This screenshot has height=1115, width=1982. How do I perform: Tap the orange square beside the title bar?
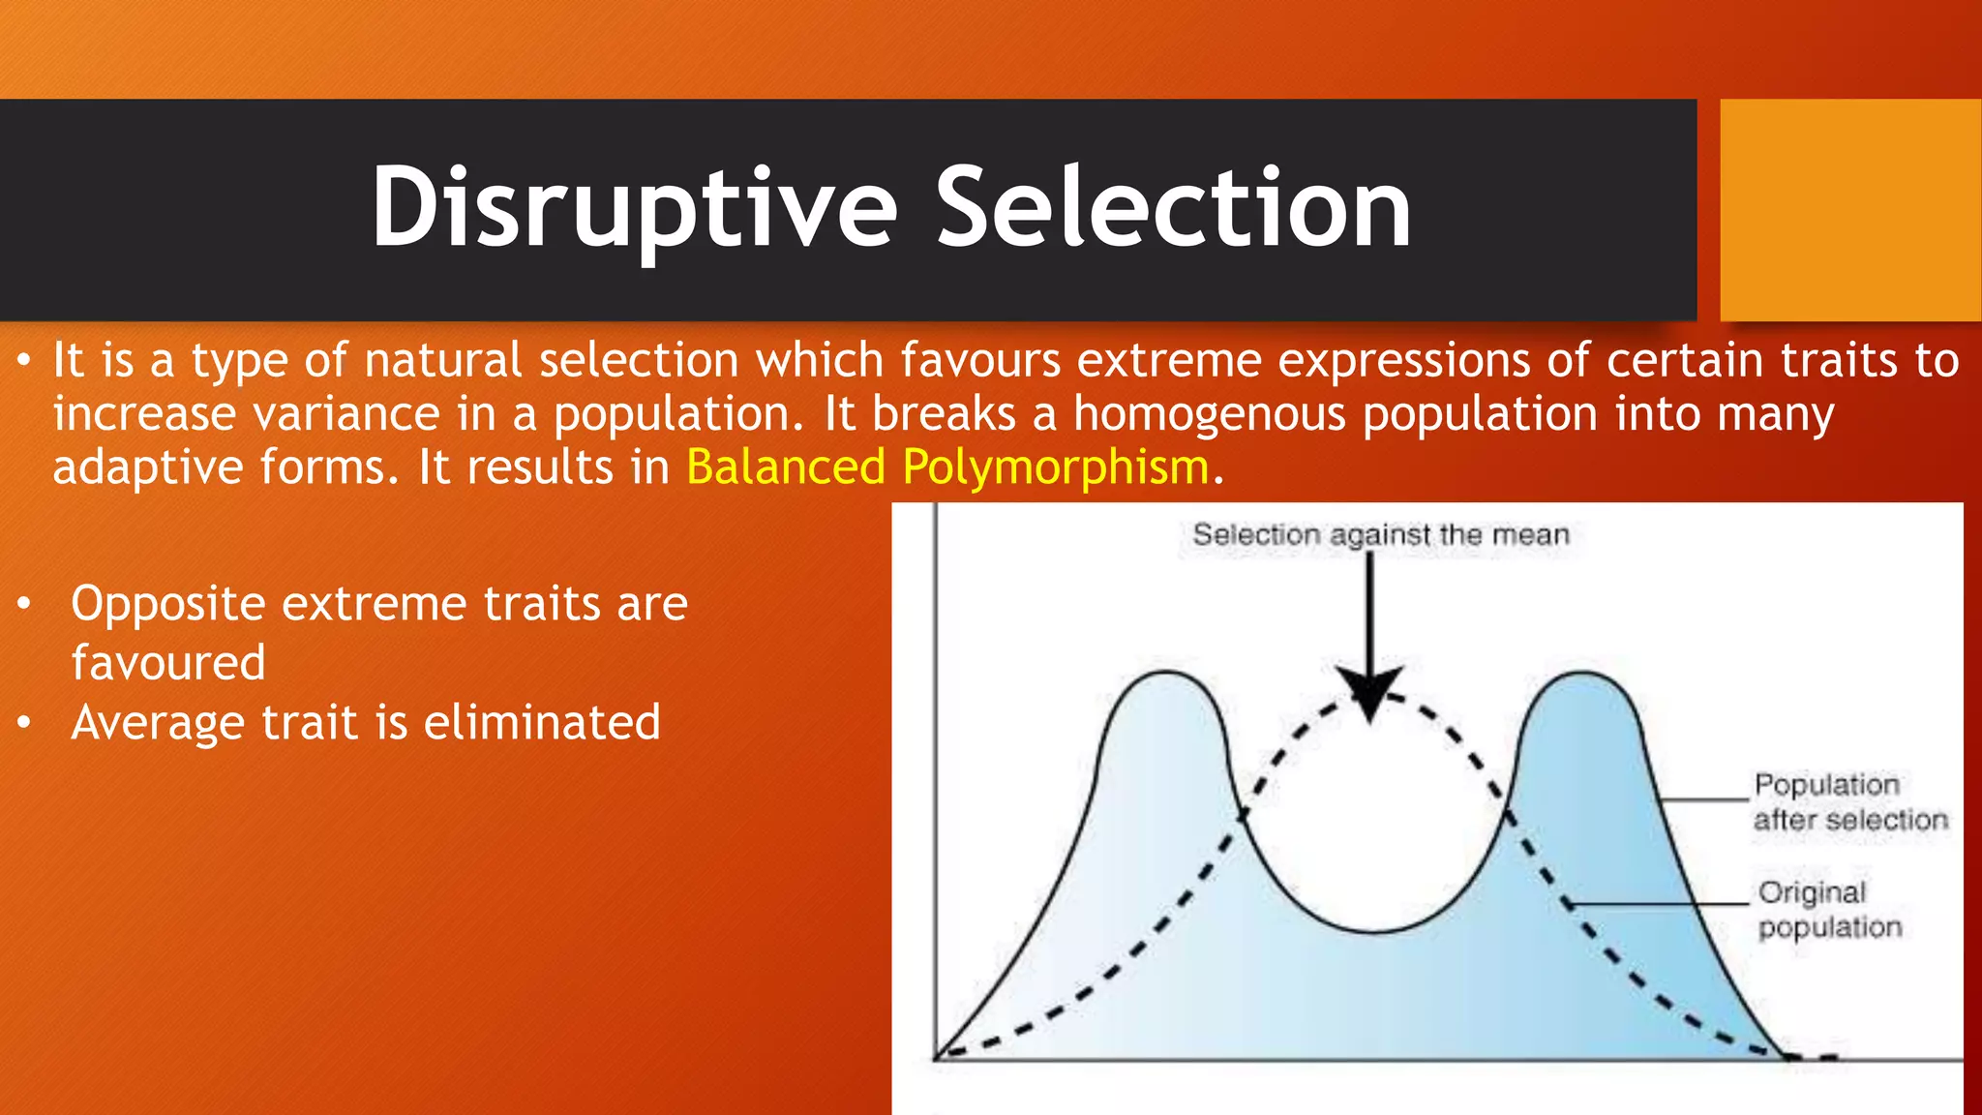point(1850,209)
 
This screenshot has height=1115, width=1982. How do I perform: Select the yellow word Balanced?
point(785,467)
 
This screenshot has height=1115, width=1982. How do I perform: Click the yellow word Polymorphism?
point(1055,467)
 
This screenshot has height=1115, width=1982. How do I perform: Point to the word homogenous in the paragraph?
point(1209,414)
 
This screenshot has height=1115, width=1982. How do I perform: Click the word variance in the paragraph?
point(345,414)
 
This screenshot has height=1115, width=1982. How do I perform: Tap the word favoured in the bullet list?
point(168,663)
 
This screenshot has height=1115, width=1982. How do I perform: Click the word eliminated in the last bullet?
point(542,723)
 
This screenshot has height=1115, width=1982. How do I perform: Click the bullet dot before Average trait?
point(24,723)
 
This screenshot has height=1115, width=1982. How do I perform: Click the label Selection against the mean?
point(1380,534)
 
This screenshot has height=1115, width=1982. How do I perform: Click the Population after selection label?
point(1848,801)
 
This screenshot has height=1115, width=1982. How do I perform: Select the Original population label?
point(1829,909)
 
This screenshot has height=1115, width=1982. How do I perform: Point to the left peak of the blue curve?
point(1166,674)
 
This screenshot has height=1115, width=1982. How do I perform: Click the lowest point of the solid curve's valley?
point(1374,931)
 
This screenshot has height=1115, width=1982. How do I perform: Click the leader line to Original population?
point(1660,903)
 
